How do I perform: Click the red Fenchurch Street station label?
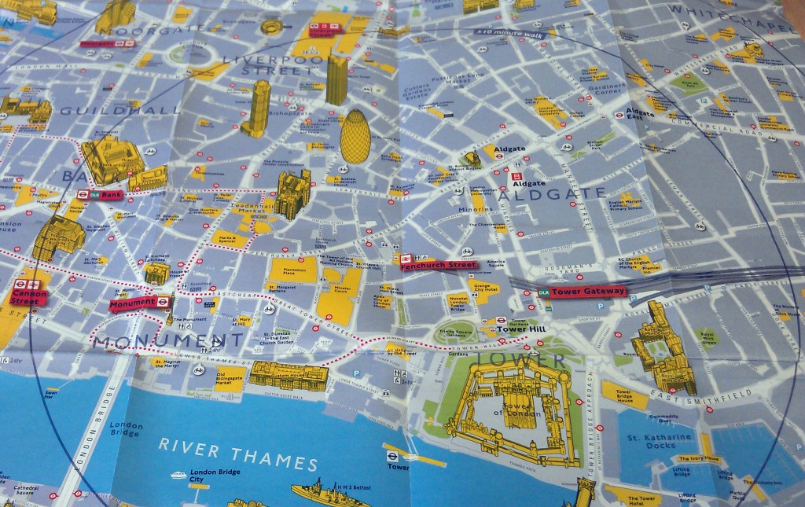tap(439, 265)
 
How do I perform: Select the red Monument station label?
tap(134, 303)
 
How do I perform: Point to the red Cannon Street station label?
tap(29, 296)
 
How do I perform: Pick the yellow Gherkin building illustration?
tap(355, 137)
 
